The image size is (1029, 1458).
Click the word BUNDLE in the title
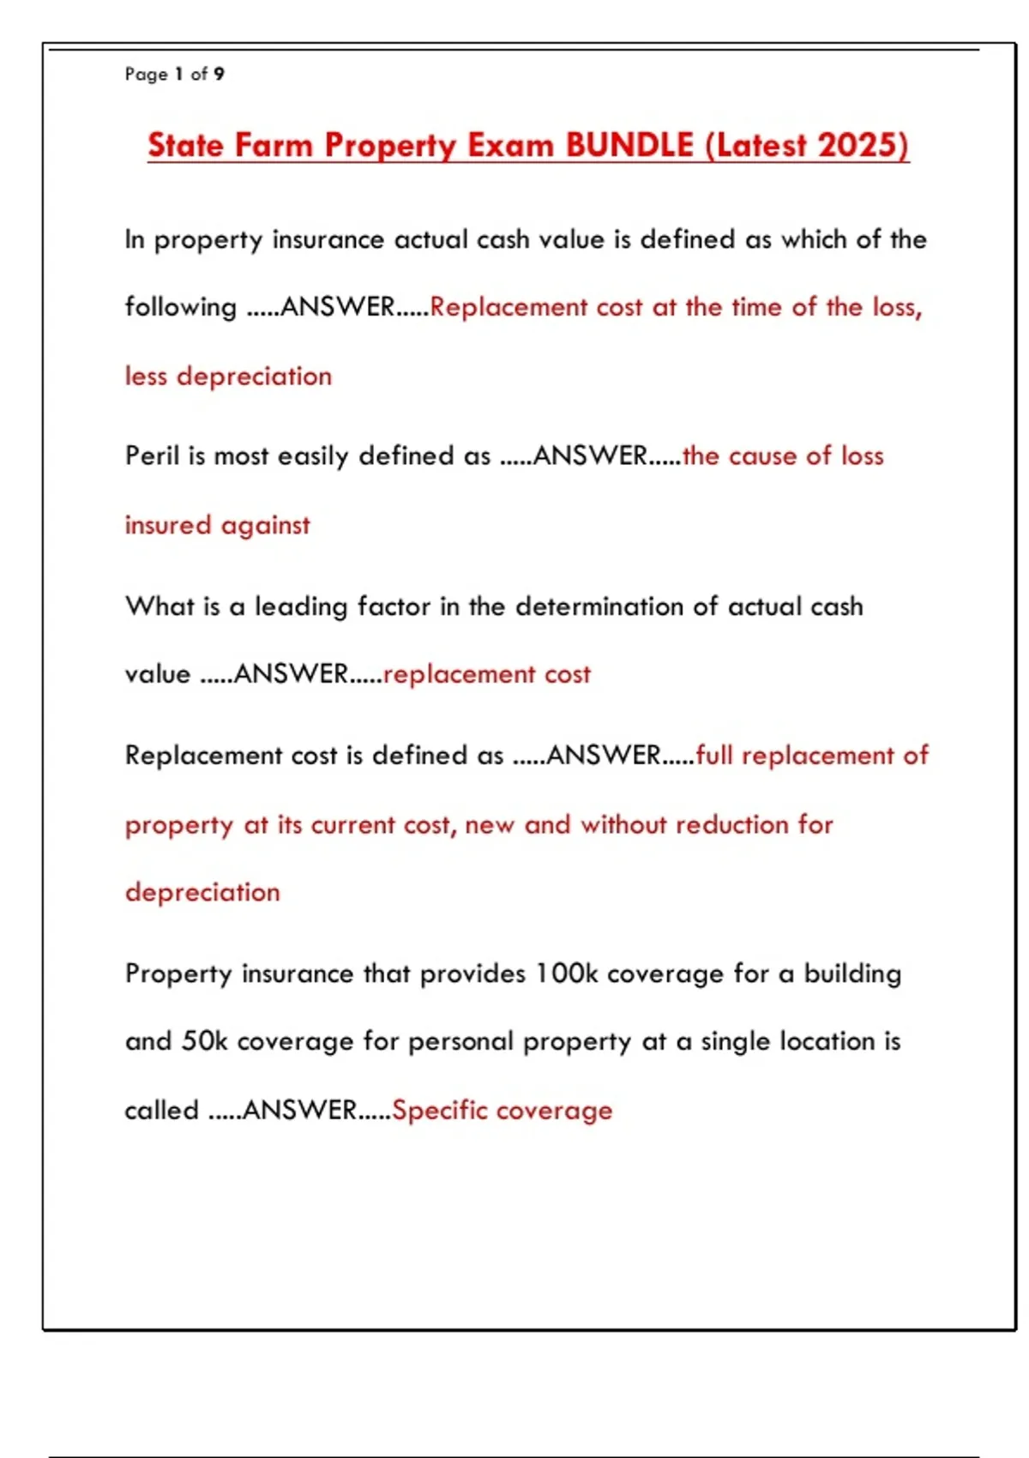(629, 145)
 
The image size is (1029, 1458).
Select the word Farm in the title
(274, 145)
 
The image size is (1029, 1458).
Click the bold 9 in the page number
(220, 74)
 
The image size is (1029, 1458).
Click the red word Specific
(439, 1110)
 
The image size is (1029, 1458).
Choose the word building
(852, 973)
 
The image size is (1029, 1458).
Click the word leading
(301, 606)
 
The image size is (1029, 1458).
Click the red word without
(623, 824)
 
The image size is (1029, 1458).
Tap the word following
(180, 307)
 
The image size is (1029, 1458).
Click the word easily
(313, 455)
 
